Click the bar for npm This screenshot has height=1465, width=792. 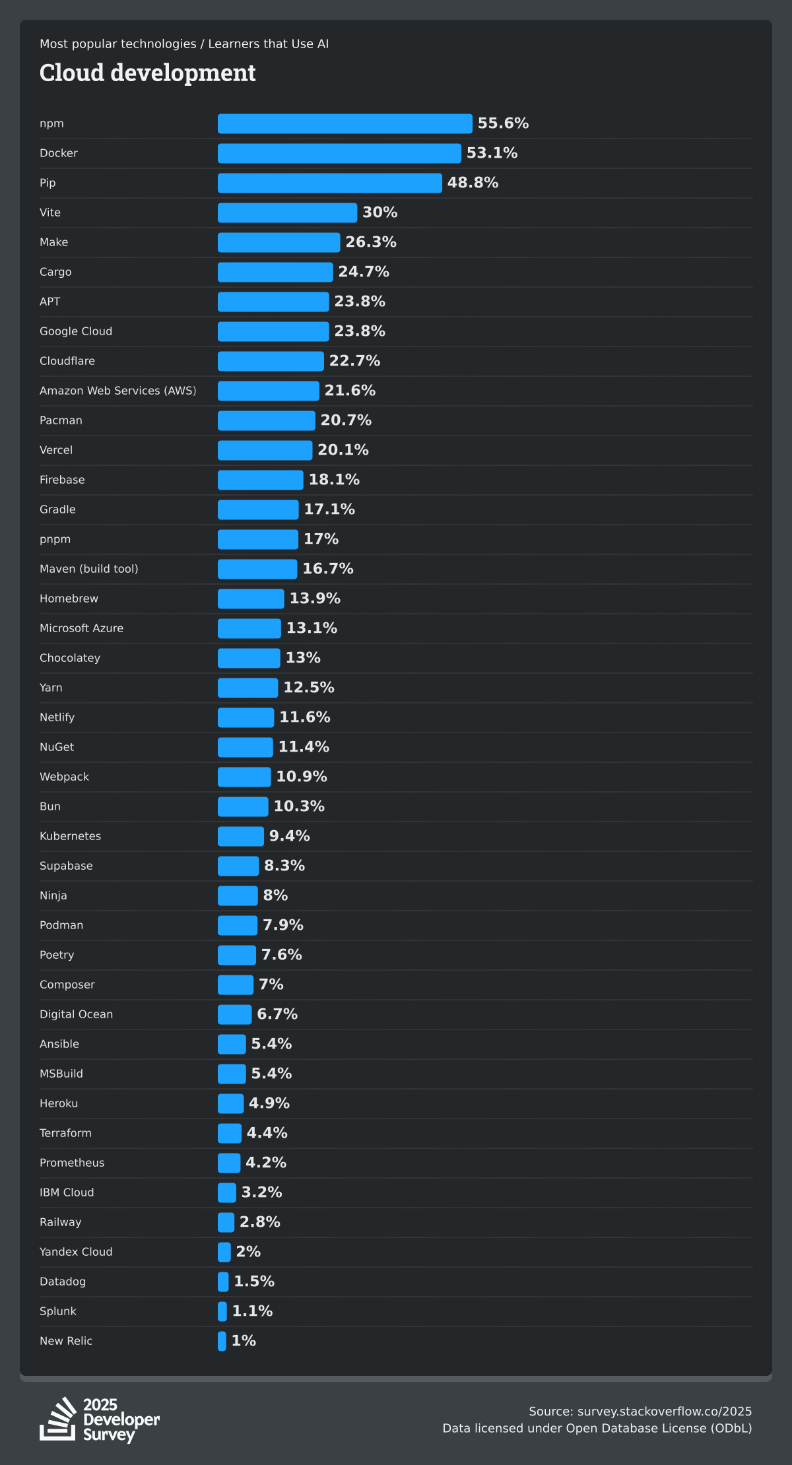pos(345,123)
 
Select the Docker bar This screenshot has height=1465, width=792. pos(339,153)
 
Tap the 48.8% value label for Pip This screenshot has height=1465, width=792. pos(473,183)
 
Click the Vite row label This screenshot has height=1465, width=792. pos(50,212)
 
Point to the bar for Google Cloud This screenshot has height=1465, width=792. pos(273,331)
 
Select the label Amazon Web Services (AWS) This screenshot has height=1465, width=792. pos(118,391)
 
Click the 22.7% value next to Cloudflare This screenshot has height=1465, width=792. pos(354,361)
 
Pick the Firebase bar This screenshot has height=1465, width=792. pos(261,480)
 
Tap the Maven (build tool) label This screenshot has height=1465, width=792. pos(89,569)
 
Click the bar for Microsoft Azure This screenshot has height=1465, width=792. pos(249,628)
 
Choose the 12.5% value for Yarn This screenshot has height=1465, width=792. pos(309,688)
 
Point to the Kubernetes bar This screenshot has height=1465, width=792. pos(241,836)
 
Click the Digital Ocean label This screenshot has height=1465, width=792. pos(77,1014)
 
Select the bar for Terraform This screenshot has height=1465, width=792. pos(230,1133)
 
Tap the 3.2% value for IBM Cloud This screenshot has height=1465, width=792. pos(261,1192)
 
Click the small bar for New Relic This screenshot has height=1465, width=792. pos(222,1341)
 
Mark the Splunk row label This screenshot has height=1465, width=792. pos(58,1311)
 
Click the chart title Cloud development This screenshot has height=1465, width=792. pos(148,73)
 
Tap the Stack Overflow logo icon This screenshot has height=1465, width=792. pos(58,1419)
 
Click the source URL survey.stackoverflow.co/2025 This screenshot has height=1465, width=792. pos(664,1412)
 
